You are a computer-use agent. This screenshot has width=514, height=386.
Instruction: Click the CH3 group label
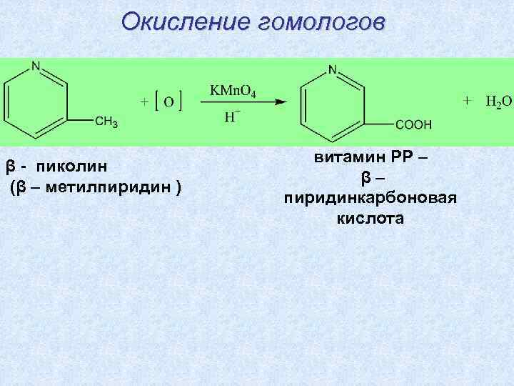click(x=107, y=122)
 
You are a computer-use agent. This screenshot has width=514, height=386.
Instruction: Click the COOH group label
click(x=413, y=124)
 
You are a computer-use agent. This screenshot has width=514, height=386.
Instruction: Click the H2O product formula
click(x=498, y=101)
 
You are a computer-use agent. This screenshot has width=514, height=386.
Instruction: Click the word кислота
click(x=371, y=218)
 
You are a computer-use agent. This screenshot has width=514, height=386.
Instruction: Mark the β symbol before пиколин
click(x=10, y=167)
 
